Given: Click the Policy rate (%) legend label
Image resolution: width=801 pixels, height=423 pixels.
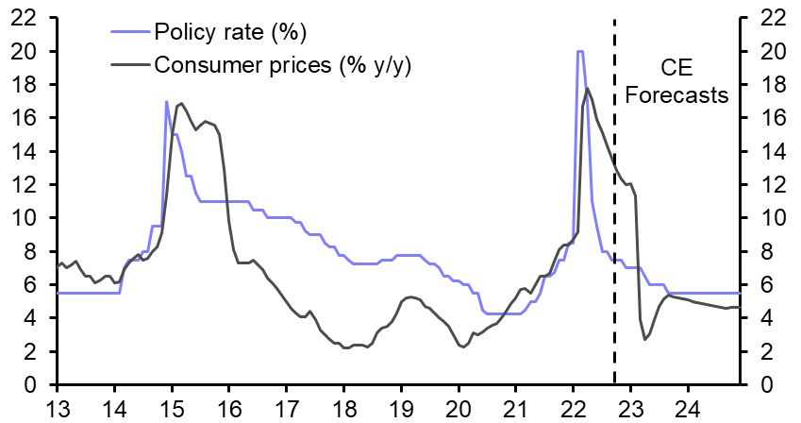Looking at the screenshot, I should point(230,33).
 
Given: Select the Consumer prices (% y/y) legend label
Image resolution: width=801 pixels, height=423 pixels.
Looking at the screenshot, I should point(283,64).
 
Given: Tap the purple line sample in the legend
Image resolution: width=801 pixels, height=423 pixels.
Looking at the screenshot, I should point(127,33).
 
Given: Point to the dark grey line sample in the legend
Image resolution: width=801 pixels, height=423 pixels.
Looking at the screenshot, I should point(127,64).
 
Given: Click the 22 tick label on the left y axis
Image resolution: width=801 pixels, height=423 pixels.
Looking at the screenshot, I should point(26,17).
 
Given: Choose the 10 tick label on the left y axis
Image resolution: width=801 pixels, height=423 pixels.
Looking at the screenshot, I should point(26,218).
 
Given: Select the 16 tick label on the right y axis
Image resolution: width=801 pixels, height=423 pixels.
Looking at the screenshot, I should point(763,118).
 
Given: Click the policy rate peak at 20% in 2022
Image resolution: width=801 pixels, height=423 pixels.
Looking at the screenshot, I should point(579,52).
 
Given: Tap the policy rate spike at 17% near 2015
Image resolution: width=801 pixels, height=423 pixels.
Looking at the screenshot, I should point(167,102).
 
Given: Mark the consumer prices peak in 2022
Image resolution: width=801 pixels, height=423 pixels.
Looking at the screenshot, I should point(588,89).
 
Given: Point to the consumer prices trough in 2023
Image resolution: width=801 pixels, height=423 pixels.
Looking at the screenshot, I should point(645,340).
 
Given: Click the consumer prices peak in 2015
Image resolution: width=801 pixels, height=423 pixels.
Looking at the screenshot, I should point(181,104).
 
